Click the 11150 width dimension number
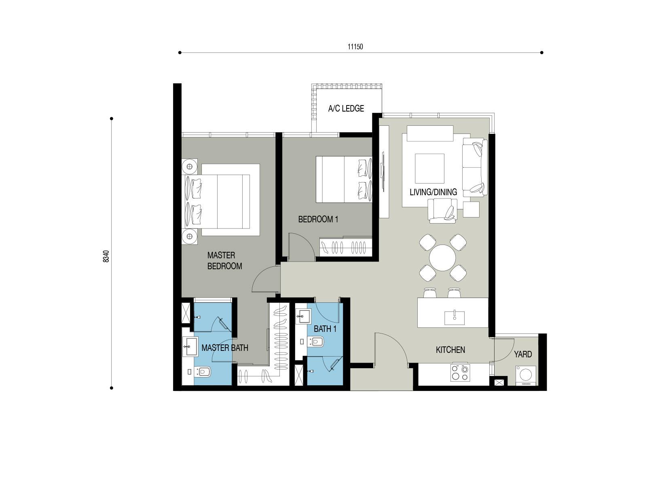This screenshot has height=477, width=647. (355, 46)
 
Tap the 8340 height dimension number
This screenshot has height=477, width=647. (106, 256)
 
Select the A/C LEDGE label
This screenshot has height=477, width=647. (346, 109)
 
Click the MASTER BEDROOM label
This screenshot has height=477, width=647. (224, 260)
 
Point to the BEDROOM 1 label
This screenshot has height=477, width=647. (318, 220)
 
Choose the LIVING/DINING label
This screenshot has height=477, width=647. (433, 192)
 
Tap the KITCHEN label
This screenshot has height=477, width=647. (450, 350)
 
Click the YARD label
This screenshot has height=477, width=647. (523, 354)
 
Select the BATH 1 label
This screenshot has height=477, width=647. (325, 329)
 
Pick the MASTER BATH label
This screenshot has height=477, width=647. (225, 348)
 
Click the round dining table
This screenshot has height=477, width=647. (442, 258)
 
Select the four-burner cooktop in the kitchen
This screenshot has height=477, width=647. (460, 373)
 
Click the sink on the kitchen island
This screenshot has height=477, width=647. (455, 318)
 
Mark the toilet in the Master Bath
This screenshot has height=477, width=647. (203, 372)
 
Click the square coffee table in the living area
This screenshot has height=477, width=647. (429, 168)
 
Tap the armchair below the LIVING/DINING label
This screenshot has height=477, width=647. (442, 211)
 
